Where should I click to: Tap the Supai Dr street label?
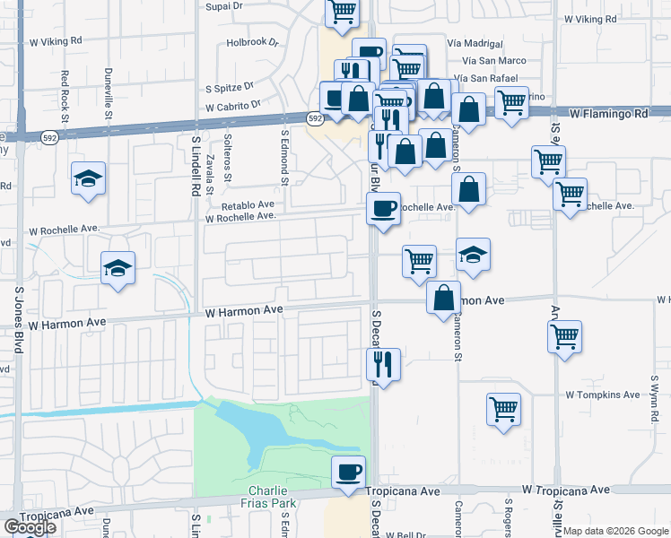coord(223,6)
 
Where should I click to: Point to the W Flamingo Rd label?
coord(609,115)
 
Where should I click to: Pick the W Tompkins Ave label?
coord(603,395)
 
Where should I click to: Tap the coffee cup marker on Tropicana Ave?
coord(348,471)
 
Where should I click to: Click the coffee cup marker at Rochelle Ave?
coord(382,209)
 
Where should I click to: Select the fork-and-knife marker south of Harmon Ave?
coord(383,364)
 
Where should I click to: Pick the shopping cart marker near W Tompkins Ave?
coord(504,409)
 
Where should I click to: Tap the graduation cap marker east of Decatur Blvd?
coord(473,255)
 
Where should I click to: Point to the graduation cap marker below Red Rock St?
coord(89,178)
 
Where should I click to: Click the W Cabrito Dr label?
coord(232,106)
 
